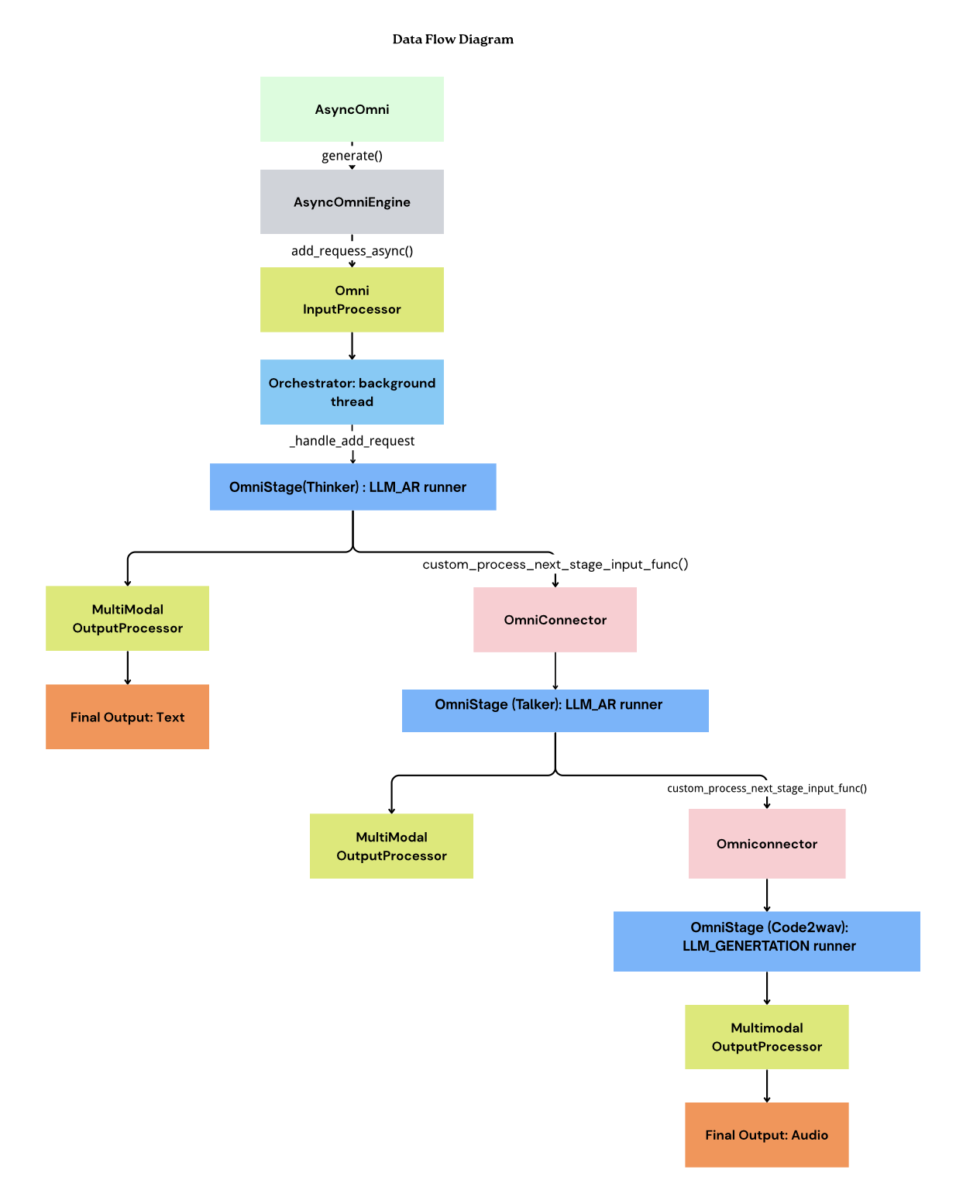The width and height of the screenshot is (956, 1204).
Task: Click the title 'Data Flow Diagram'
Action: click(452, 40)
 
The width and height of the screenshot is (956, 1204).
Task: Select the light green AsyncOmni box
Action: click(352, 109)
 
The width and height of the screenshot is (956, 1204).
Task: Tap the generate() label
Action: click(352, 156)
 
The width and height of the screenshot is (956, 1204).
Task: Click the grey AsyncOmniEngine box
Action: click(352, 202)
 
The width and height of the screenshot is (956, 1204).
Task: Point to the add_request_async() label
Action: click(352, 251)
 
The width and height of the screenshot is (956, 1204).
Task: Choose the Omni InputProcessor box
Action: click(352, 300)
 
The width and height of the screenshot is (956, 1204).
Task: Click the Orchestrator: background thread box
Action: click(352, 392)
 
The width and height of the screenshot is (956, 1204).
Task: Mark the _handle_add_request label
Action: click(352, 441)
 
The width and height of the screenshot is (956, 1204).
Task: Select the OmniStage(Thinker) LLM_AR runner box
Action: click(352, 487)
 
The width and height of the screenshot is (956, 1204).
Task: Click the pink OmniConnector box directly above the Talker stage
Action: click(555, 620)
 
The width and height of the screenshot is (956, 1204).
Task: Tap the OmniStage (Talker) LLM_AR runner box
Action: click(555, 710)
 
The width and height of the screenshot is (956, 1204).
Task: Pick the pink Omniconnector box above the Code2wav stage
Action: click(766, 844)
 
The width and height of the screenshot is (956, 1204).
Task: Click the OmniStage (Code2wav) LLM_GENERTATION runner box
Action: click(766, 941)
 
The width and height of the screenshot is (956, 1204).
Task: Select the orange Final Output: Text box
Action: click(127, 717)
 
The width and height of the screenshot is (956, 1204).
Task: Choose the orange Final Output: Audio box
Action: click(766, 1134)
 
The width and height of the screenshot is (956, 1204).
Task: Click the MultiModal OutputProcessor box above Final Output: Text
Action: click(127, 618)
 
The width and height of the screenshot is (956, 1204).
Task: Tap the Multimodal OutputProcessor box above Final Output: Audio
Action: click(766, 1037)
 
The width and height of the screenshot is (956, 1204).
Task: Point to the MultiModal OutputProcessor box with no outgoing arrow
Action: click(391, 846)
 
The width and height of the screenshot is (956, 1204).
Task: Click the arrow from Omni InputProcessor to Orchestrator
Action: click(352, 346)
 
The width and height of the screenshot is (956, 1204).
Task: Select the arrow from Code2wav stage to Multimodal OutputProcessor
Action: click(766, 988)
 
